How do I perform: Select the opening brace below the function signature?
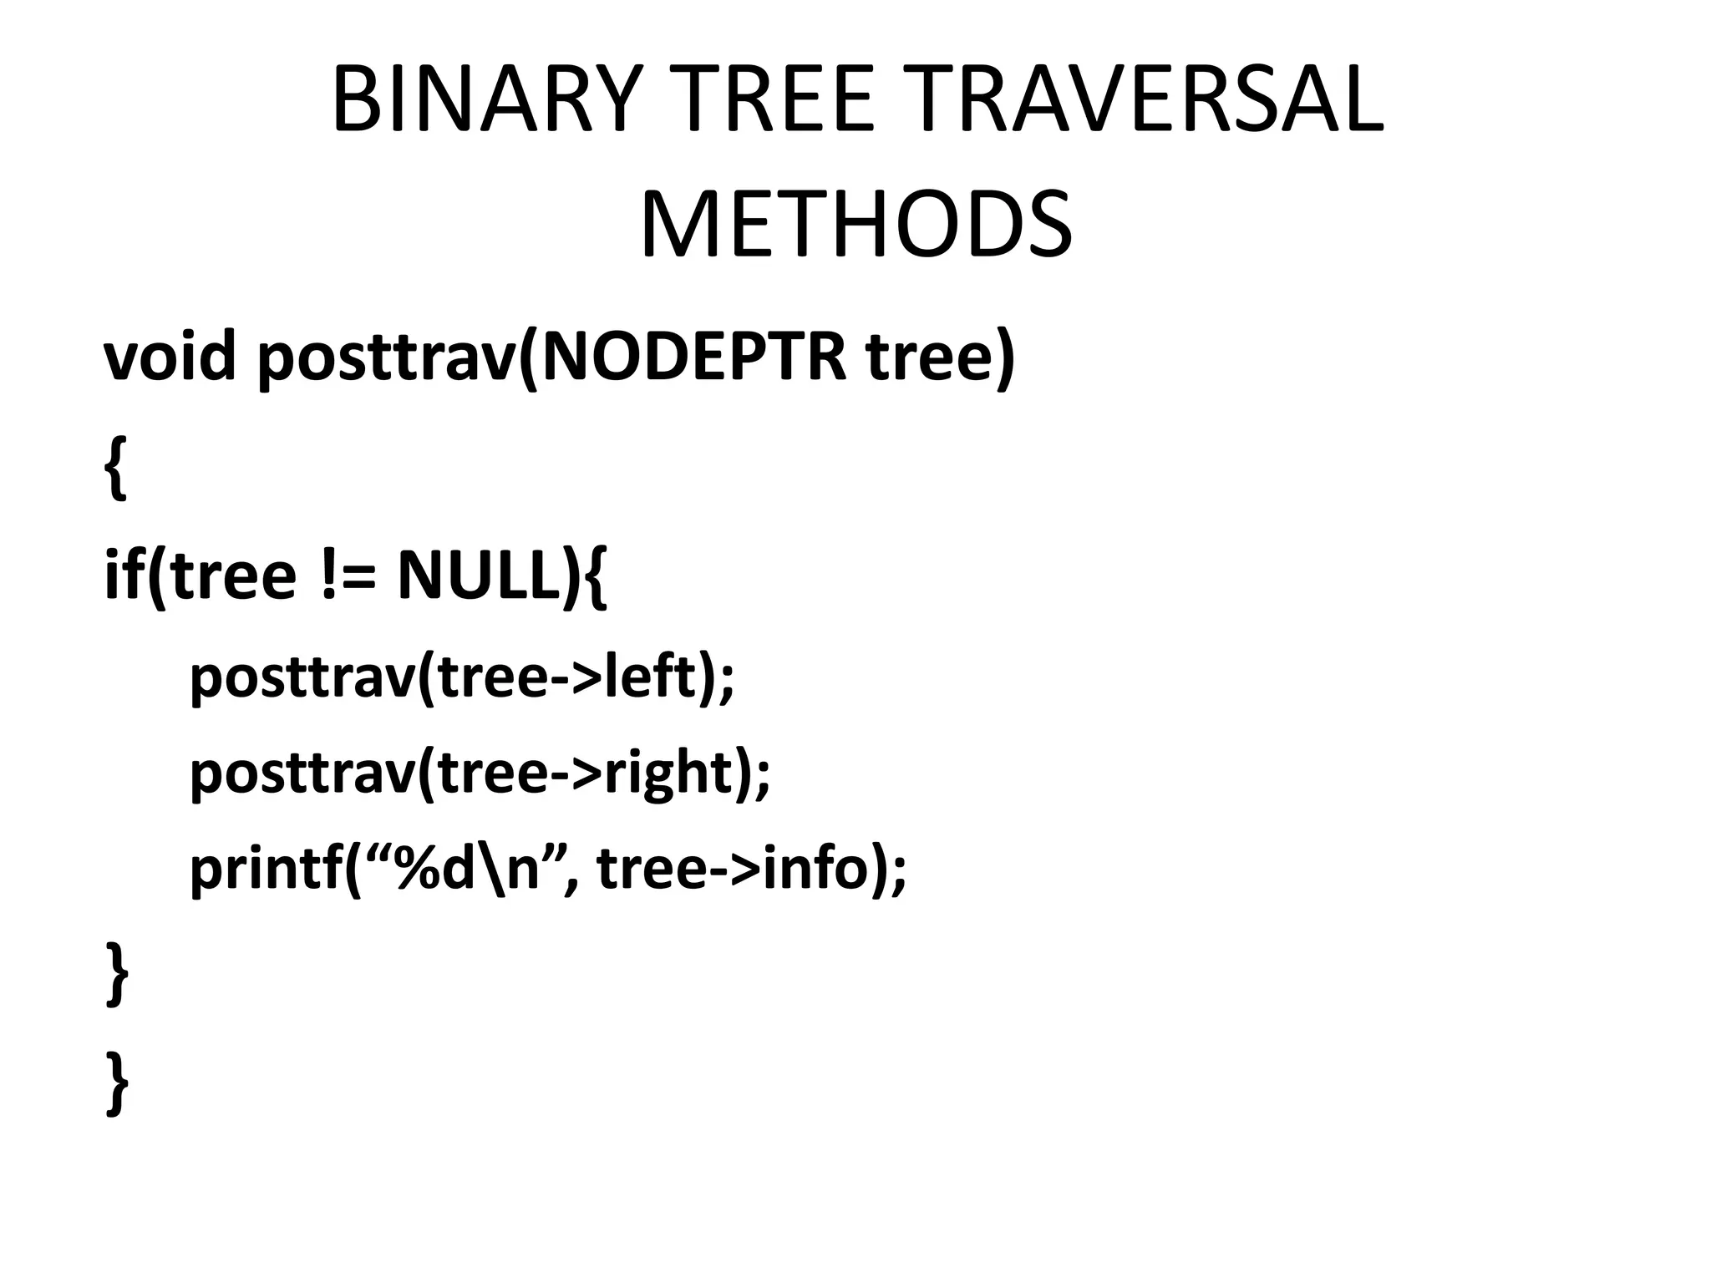[116, 468]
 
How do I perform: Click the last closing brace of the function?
[117, 1083]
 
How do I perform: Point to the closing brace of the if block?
[117, 974]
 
